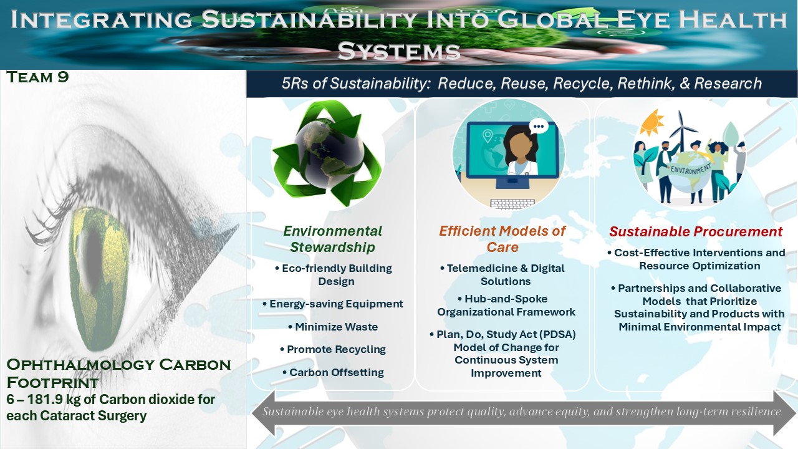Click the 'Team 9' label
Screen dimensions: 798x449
coord(37,77)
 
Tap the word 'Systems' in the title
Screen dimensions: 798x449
coord(399,51)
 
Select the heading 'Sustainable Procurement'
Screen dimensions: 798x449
coord(696,231)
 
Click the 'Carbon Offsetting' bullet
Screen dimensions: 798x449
coord(333,372)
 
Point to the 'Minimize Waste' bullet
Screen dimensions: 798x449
coord(333,327)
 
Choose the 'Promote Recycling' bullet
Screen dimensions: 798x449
coord(333,349)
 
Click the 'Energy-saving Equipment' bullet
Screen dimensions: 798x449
coord(333,304)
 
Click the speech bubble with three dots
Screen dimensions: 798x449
coord(539,127)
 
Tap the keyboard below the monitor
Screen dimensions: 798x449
coord(512,203)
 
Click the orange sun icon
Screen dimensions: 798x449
coord(652,122)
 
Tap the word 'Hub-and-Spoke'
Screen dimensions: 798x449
coord(506,299)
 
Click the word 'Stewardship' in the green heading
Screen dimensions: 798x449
coord(332,248)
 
